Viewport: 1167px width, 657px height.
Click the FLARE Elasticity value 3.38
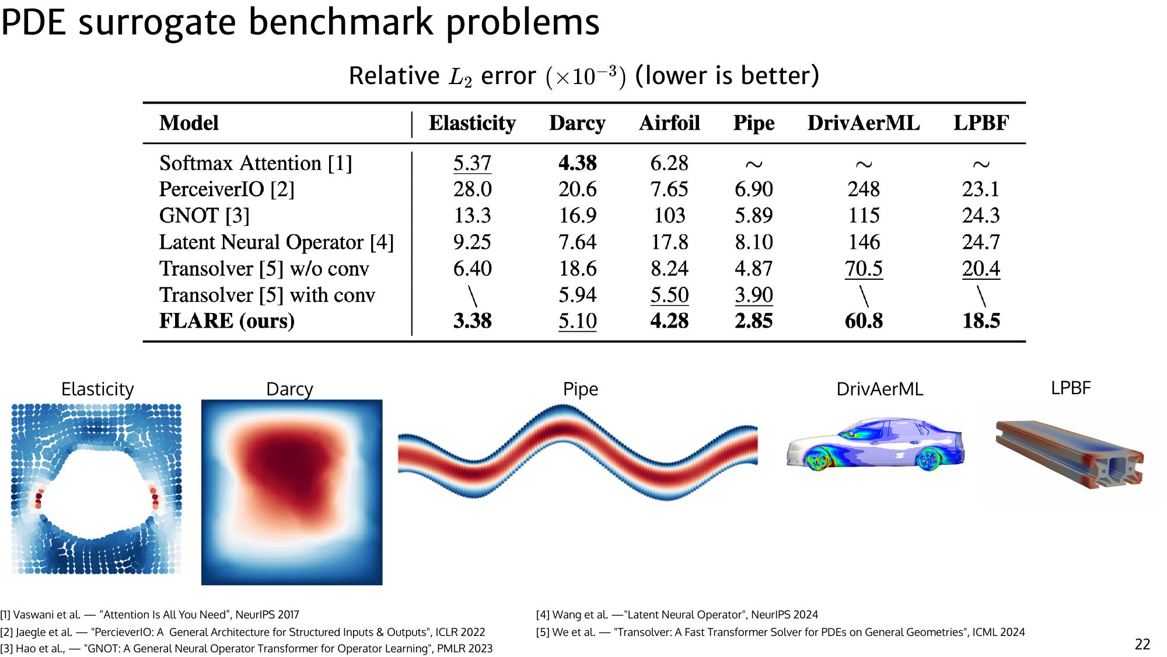pyautogui.click(x=473, y=321)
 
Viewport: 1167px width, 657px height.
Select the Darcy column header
pyautogui.click(x=577, y=123)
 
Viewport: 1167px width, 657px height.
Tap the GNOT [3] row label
pyautogui.click(x=204, y=215)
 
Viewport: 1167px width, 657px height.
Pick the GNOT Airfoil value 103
pyautogui.click(x=669, y=215)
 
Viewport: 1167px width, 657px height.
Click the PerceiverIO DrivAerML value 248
pyautogui.click(x=864, y=189)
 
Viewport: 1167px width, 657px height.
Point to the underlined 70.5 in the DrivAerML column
pyautogui.click(x=864, y=269)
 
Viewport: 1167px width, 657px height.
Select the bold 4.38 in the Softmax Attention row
pyautogui.click(x=577, y=163)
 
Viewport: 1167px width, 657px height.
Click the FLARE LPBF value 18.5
pyautogui.click(x=981, y=321)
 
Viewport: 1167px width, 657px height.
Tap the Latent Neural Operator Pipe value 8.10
pyautogui.click(x=754, y=242)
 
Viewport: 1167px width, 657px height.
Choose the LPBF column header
pyautogui.click(x=981, y=123)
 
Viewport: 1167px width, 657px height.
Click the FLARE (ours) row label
pyautogui.click(x=226, y=321)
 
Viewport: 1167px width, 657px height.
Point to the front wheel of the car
pyautogui.click(x=817, y=459)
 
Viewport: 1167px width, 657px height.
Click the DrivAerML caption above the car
pyautogui.click(x=879, y=389)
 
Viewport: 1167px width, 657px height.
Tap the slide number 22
pyautogui.click(x=1142, y=644)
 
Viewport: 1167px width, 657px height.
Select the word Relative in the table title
pyautogui.click(x=394, y=76)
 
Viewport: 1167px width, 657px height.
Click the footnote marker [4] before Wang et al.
pyautogui.click(x=543, y=615)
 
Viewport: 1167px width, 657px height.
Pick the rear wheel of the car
pyautogui.click(x=928, y=459)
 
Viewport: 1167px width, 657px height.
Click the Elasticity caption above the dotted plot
pyautogui.click(x=97, y=389)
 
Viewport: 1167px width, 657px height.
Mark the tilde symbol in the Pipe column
pyautogui.click(x=754, y=165)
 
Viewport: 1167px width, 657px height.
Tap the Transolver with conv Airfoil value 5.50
pyautogui.click(x=669, y=295)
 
